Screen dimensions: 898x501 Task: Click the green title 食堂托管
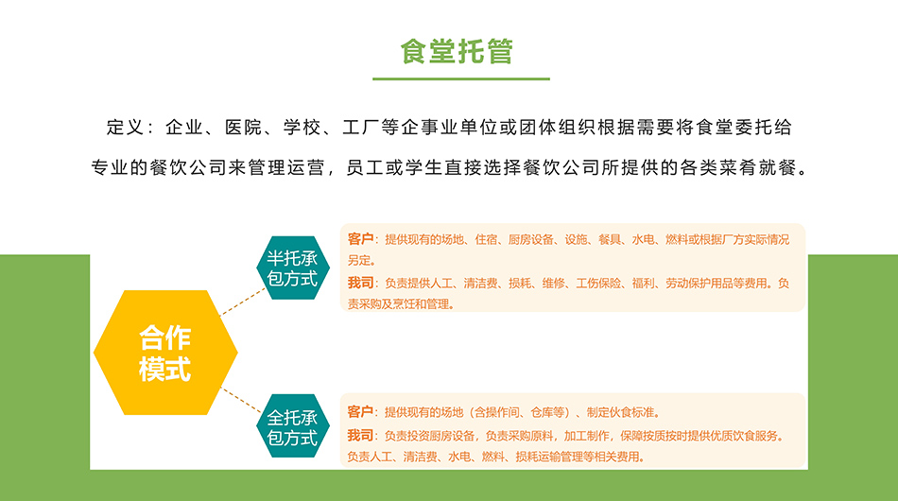pyautogui.click(x=457, y=51)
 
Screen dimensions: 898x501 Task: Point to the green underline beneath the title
pyautogui.click(x=461, y=78)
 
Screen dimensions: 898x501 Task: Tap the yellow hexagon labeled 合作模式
pyautogui.click(x=165, y=353)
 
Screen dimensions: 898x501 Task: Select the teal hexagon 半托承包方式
pyautogui.click(x=293, y=268)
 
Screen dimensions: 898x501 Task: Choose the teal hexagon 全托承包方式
pyautogui.click(x=293, y=425)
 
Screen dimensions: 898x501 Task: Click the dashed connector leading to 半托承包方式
pyautogui.click(x=243, y=302)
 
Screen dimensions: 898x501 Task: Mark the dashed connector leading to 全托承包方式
pyautogui.click(x=242, y=400)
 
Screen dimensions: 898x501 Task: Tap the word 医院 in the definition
pyautogui.click(x=243, y=127)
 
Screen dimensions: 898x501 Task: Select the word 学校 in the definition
pyautogui.click(x=302, y=127)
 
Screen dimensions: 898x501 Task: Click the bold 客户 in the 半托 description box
pyautogui.click(x=360, y=239)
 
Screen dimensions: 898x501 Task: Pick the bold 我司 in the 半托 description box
pyautogui.click(x=360, y=283)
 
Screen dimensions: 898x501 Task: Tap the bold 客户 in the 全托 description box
pyautogui.click(x=360, y=412)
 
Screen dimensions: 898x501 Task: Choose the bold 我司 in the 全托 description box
pyautogui.click(x=360, y=435)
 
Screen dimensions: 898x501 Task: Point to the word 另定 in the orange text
pyautogui.click(x=358, y=261)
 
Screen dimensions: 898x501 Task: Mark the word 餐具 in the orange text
pyautogui.click(x=610, y=239)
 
